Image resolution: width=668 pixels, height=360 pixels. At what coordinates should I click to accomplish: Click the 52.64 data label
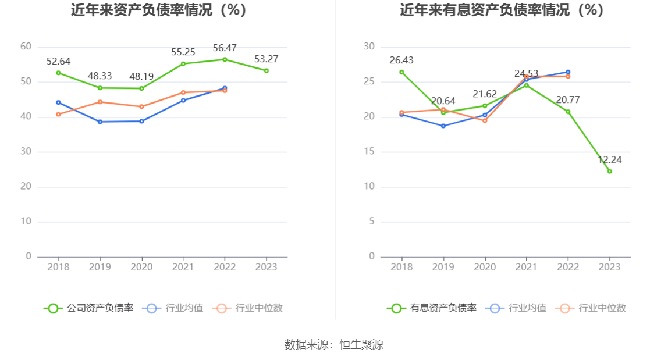(58, 61)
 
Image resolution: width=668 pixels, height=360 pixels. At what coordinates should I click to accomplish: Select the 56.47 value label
(225, 48)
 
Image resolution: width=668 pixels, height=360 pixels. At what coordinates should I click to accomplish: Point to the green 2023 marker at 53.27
(267, 70)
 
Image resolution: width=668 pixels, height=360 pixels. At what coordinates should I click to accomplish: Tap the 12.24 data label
(610, 160)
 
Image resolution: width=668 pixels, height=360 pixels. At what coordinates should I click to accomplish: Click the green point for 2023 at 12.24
(610, 171)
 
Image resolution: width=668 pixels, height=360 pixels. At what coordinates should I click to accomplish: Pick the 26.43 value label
(401, 60)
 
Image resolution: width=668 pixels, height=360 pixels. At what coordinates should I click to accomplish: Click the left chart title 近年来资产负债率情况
(159, 10)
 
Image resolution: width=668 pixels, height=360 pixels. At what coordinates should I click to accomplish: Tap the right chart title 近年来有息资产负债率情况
(502, 10)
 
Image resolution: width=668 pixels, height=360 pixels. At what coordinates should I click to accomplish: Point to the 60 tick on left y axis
(26, 47)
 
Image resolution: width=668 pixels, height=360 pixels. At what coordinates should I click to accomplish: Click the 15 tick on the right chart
(369, 152)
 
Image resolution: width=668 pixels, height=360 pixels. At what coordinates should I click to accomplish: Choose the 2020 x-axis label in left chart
(141, 267)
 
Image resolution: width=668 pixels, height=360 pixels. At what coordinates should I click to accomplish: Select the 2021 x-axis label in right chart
(527, 267)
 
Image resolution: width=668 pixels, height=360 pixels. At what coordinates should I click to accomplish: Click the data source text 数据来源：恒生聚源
(334, 344)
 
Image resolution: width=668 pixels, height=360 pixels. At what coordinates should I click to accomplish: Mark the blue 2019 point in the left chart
(100, 122)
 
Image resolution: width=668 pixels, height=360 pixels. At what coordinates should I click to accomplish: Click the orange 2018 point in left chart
(58, 114)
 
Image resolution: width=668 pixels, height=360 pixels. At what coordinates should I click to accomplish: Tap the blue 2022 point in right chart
(568, 72)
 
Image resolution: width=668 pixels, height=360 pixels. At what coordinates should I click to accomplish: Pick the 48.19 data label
(141, 76)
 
